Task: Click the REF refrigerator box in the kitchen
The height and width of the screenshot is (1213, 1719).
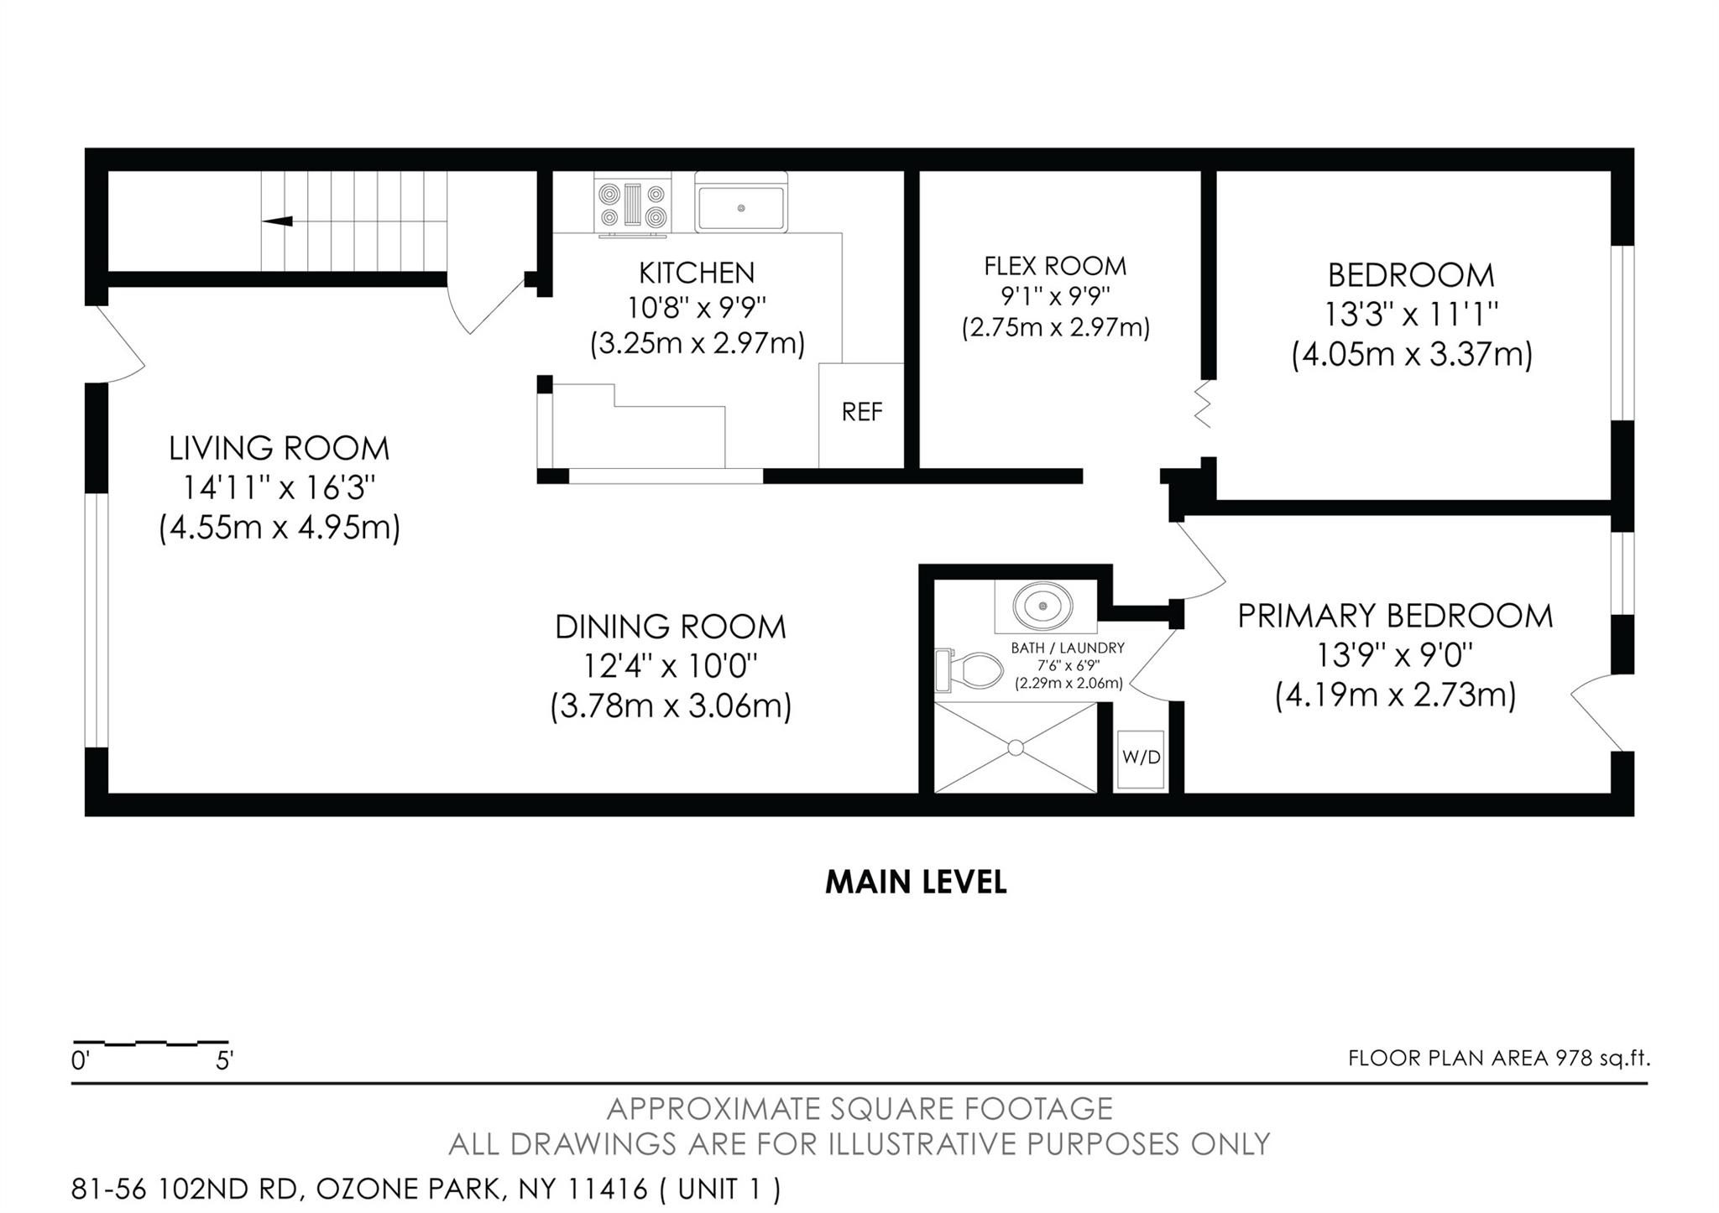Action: [861, 415]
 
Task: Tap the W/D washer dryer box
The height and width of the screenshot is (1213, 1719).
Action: [1141, 759]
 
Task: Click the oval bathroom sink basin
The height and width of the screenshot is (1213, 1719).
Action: [1042, 605]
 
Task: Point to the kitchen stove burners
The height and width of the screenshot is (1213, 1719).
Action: [634, 206]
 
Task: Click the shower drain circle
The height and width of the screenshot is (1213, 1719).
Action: [1016, 747]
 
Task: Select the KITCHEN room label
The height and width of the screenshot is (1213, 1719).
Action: [697, 273]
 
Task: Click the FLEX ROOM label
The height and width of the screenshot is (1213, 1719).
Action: [1055, 266]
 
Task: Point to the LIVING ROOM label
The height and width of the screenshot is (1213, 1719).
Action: [280, 448]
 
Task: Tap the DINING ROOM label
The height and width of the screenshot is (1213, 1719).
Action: [671, 627]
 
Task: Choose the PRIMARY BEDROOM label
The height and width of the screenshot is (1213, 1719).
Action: [1395, 616]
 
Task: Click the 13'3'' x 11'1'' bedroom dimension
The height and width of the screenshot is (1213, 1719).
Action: [1412, 315]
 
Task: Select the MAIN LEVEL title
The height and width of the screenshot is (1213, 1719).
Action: [916, 882]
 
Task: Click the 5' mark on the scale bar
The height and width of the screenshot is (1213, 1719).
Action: [224, 1061]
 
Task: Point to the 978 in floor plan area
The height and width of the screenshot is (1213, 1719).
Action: [1574, 1058]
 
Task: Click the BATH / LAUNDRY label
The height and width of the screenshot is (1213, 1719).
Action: [1068, 648]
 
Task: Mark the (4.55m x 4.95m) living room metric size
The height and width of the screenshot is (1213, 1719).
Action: [280, 528]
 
